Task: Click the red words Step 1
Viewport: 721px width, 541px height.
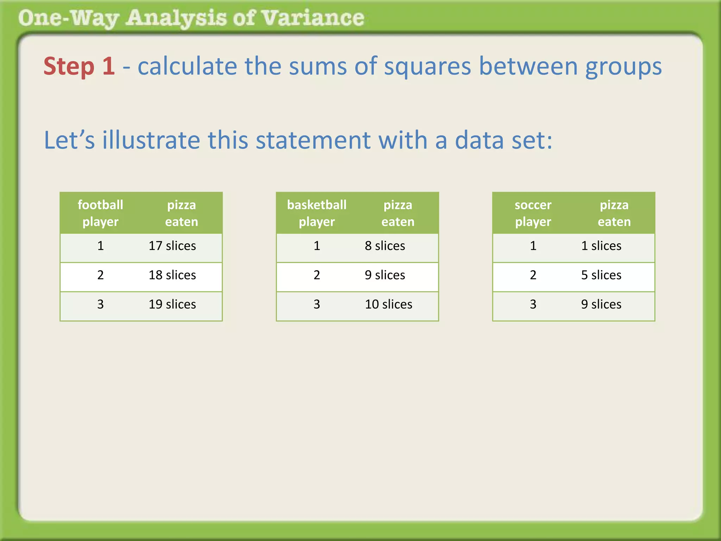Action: click(79, 66)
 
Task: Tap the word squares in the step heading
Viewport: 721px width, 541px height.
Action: click(427, 67)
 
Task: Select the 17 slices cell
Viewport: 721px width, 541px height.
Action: click(172, 246)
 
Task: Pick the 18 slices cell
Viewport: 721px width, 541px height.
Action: click(172, 275)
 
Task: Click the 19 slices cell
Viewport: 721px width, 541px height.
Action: click(172, 304)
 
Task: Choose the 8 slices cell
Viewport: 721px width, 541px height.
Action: click(385, 246)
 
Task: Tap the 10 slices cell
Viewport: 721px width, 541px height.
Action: click(388, 304)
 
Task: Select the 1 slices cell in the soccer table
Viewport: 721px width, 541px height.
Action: click(601, 246)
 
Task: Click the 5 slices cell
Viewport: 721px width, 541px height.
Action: click(601, 275)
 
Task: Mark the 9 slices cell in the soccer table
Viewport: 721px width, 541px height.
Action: click(601, 304)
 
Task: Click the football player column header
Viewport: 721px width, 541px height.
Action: click(100, 213)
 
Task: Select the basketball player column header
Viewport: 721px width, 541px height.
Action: click(317, 213)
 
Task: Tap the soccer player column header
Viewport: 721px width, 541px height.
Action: click(533, 213)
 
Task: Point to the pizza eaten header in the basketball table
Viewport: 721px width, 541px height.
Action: click(398, 213)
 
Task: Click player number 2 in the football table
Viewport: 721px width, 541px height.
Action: click(100, 275)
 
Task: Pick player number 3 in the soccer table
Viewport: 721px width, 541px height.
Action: click(533, 304)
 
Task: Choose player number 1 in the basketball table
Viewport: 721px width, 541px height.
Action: click(317, 246)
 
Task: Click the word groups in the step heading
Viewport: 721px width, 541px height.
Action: click(623, 67)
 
